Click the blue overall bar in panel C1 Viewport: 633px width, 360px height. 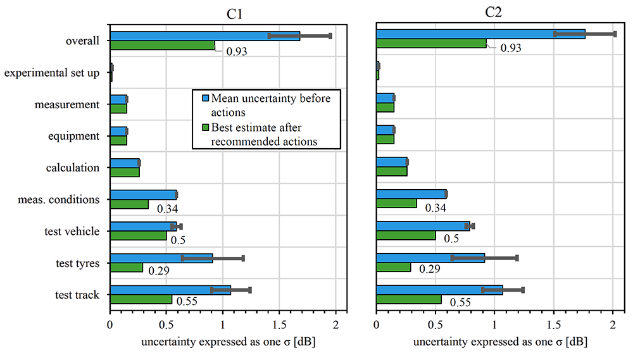tap(204, 36)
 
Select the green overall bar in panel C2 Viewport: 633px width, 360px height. tap(431, 44)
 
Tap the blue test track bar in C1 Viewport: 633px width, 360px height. tap(170, 290)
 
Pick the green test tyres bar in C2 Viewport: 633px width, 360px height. tap(393, 267)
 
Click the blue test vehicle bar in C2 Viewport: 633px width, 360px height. tap(423, 226)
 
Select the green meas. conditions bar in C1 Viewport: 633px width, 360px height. tap(129, 204)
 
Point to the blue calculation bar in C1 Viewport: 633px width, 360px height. tap(124, 163)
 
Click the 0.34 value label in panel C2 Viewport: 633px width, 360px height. tap(436, 208)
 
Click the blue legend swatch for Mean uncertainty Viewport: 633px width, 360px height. tap(204, 99)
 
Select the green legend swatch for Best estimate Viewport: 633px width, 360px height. tap(204, 128)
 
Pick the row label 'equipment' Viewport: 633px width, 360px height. tap(73, 136)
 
